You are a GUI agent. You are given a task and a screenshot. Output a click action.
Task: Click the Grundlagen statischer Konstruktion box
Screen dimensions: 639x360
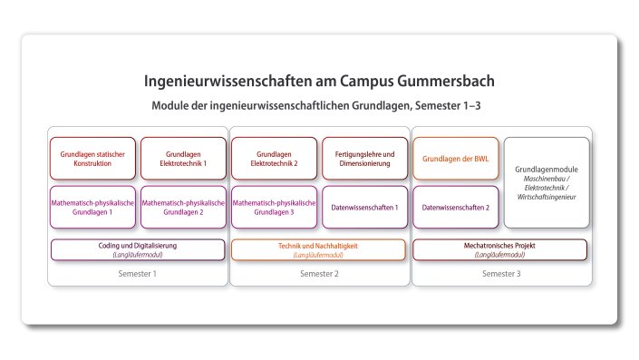[92, 159]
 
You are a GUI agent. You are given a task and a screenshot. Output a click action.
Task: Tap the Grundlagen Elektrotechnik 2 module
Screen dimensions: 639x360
[274, 159]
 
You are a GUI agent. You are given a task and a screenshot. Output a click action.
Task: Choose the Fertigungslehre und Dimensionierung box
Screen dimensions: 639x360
[364, 159]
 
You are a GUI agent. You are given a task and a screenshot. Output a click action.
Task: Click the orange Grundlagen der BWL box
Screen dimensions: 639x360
[455, 159]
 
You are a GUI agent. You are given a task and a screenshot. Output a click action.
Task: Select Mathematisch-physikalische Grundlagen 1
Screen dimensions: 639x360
[92, 207]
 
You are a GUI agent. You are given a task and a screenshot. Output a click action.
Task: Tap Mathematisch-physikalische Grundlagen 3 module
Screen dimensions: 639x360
[274, 207]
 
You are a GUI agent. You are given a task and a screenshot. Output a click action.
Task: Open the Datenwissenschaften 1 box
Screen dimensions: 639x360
[364, 207]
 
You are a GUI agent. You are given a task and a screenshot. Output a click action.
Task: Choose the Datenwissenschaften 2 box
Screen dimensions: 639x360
[455, 207]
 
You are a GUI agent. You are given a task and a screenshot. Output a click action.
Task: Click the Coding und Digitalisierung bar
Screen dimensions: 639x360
[137, 249]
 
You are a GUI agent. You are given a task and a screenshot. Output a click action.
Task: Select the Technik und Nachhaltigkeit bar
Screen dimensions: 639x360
[318, 249]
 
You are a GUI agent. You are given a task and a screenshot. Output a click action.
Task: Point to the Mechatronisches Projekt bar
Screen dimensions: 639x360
[499, 249]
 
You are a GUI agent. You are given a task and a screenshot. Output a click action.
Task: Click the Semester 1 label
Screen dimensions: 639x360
[137, 274]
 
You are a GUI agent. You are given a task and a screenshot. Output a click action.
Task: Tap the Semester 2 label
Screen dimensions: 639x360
[318, 274]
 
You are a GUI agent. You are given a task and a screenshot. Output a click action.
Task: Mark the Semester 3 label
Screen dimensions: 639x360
[499, 274]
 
